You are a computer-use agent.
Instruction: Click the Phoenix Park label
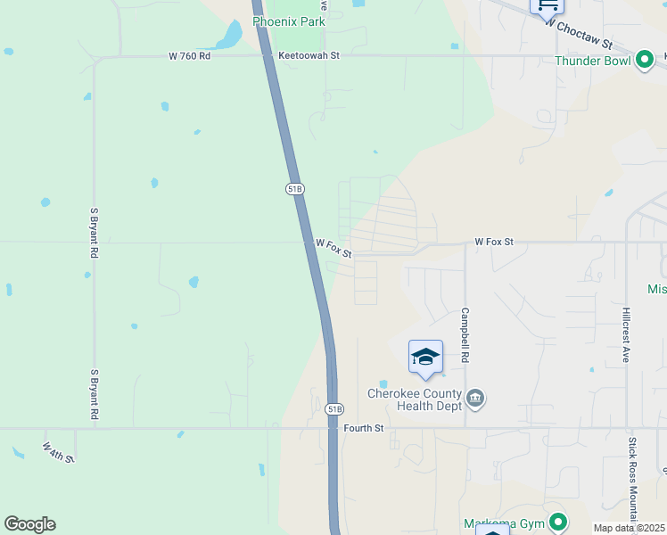point(288,21)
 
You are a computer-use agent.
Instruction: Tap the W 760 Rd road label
point(189,56)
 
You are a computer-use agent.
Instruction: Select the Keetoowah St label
point(309,55)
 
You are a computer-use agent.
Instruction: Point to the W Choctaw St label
point(581,37)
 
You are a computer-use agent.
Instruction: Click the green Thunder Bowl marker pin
point(645,61)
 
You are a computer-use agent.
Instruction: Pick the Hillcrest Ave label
point(626,335)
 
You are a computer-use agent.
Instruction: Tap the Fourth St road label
point(363,429)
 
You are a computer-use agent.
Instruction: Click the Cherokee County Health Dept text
point(415,399)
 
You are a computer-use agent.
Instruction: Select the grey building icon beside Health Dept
point(475,398)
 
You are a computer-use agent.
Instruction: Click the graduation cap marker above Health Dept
point(425,357)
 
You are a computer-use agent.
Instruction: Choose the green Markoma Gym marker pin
point(558,522)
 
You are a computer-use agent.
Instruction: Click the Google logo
point(29,524)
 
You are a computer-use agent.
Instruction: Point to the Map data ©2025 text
point(629,528)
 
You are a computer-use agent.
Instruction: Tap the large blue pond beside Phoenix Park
point(230,36)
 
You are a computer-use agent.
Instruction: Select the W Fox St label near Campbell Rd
point(493,242)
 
